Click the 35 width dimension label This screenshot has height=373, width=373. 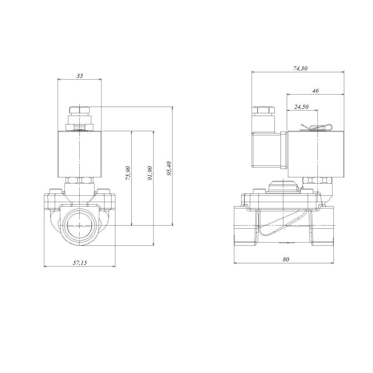[80, 76]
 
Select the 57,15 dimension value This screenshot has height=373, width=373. [80, 263]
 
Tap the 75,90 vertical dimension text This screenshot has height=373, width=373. [128, 174]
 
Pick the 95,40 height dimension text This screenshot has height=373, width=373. [169, 168]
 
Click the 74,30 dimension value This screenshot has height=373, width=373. [300, 68]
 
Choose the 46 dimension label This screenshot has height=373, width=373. [315, 91]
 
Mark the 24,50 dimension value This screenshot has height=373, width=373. [301, 107]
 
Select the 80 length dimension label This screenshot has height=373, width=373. [286, 259]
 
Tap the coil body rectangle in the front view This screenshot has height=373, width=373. [79, 154]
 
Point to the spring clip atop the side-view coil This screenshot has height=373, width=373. [317, 127]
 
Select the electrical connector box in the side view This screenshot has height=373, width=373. [267, 150]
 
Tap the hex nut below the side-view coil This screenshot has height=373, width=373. [317, 180]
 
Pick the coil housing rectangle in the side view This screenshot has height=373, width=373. [315, 154]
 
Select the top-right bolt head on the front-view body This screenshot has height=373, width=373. [104, 191]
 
